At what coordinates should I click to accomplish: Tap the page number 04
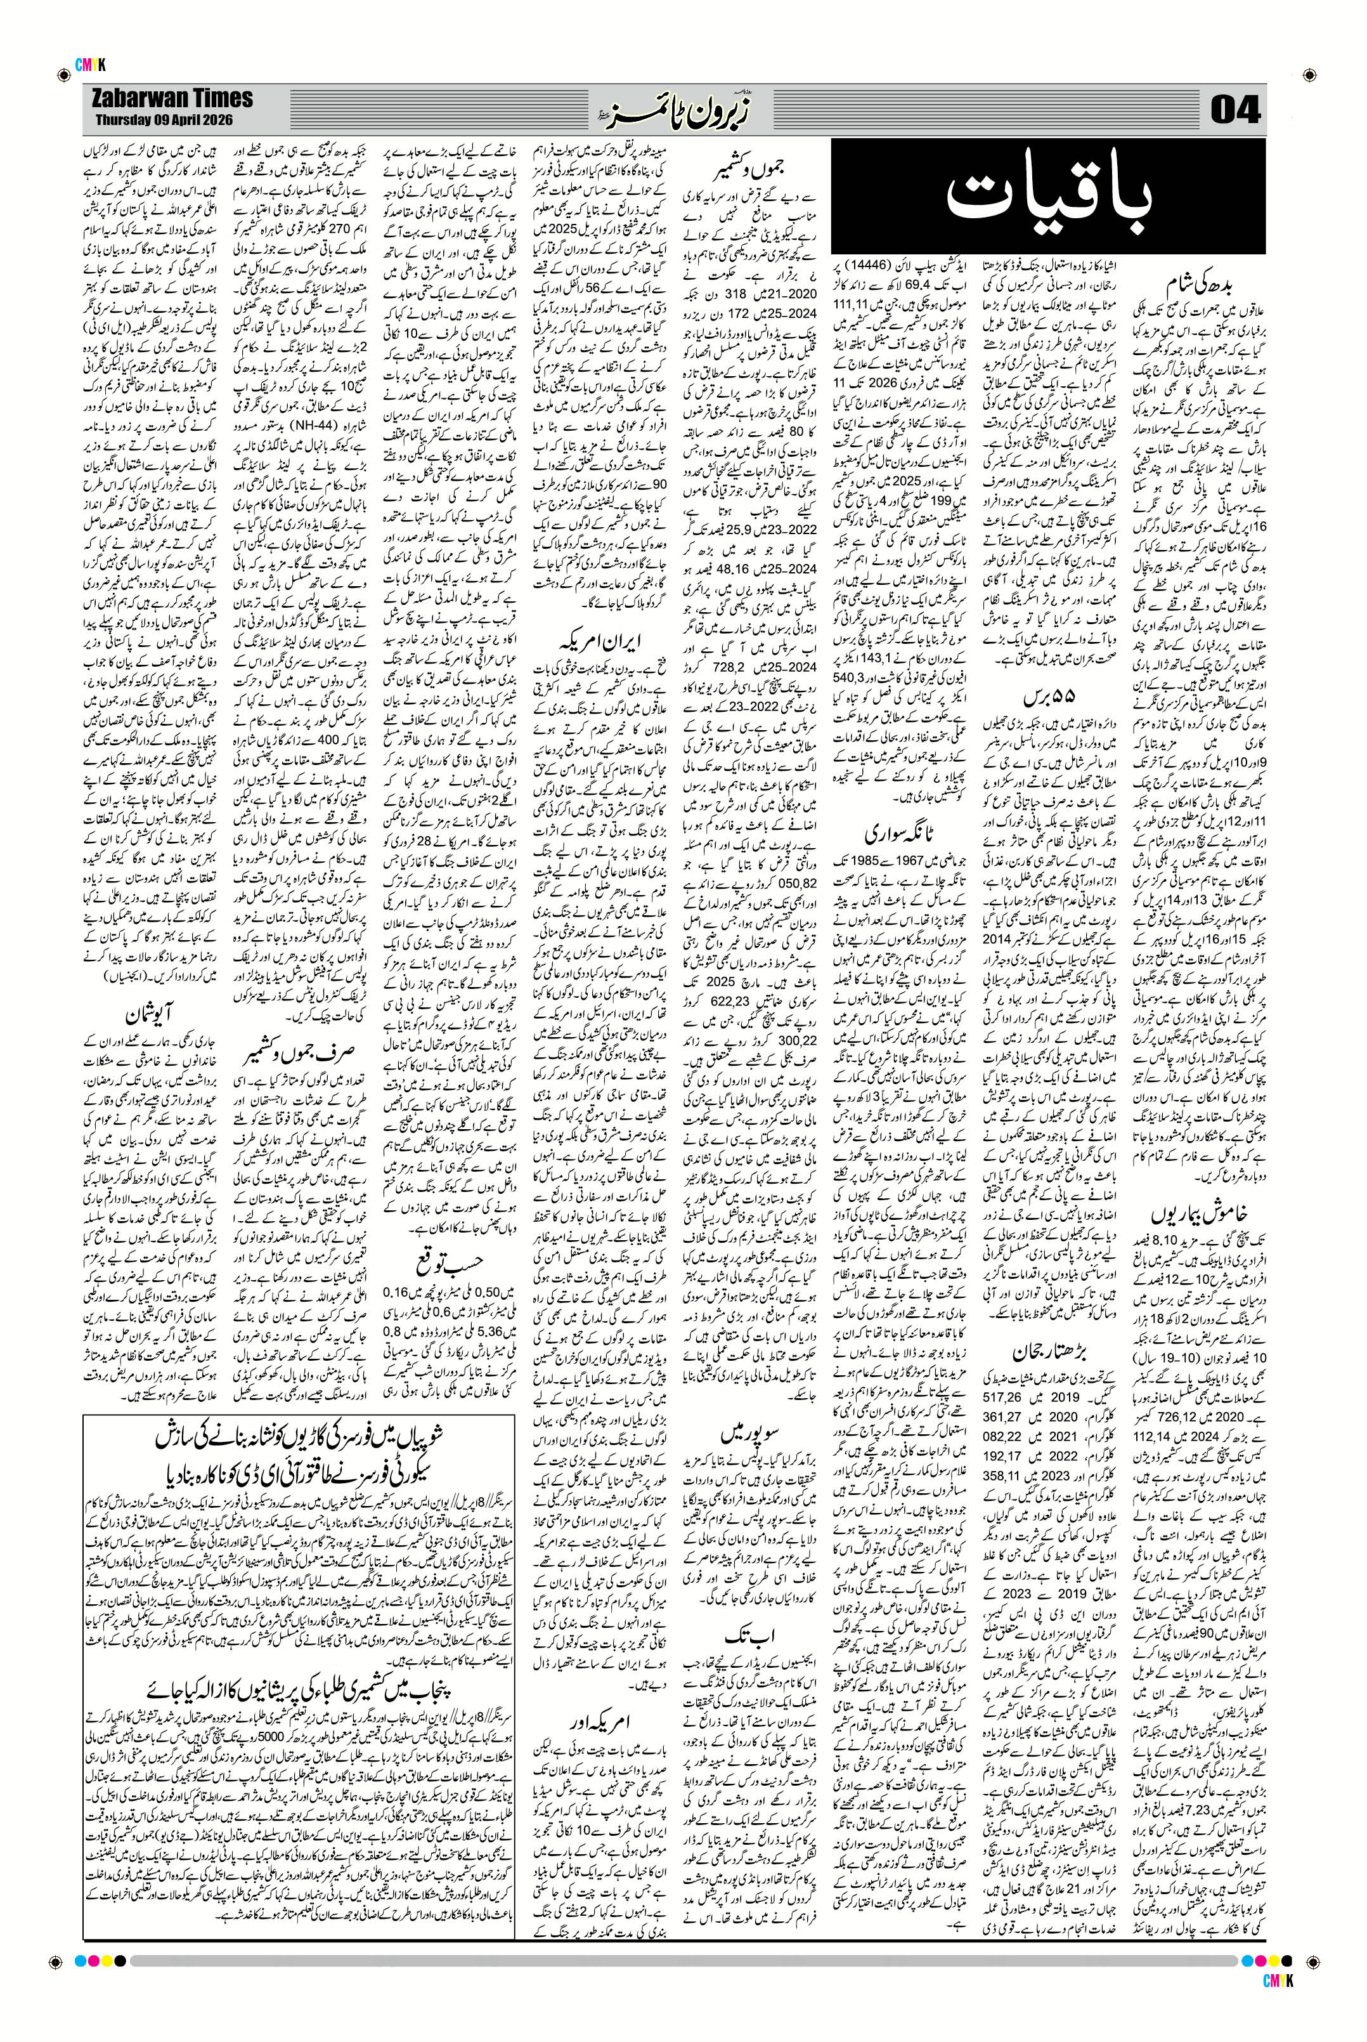1235,111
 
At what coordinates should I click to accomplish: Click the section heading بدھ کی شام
1202,289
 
